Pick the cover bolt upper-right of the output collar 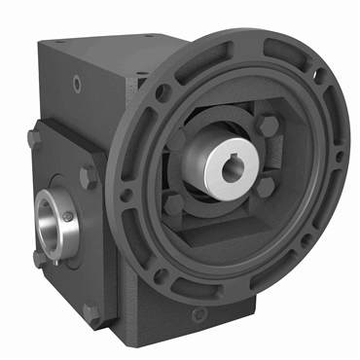point(89,176)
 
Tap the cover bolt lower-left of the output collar point(38,257)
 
